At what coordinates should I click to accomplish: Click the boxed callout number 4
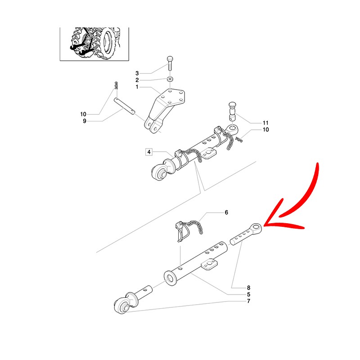149,152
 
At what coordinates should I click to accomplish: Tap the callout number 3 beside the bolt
137,73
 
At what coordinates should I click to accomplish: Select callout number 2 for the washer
137,80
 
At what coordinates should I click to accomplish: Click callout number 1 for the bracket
137,87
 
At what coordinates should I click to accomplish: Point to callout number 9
85,121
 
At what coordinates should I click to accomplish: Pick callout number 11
265,123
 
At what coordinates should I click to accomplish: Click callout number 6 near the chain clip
226,212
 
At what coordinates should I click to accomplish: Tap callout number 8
249,288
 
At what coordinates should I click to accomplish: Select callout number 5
249,294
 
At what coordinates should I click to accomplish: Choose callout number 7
249,301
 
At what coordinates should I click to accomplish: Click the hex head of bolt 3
170,58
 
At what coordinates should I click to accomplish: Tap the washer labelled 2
170,79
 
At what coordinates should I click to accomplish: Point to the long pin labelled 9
125,106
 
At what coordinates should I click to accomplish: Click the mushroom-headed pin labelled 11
233,112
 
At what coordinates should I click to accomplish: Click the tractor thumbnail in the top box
94,44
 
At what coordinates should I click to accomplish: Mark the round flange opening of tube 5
171,278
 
